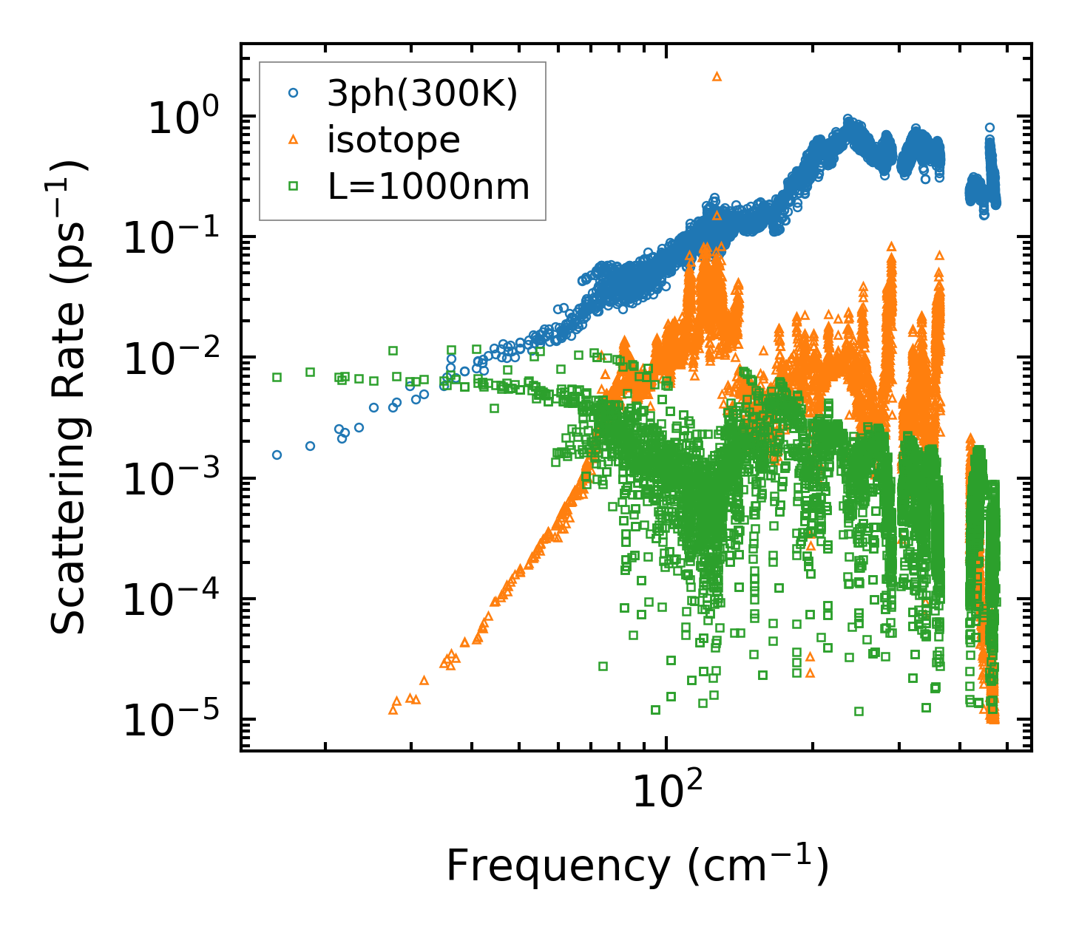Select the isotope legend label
(x=393, y=140)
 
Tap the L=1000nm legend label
(x=429, y=187)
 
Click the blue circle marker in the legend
(x=293, y=93)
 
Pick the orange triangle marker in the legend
(x=293, y=140)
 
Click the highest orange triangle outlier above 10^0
(x=716, y=76)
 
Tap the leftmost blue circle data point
(x=277, y=455)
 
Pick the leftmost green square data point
(x=277, y=377)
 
